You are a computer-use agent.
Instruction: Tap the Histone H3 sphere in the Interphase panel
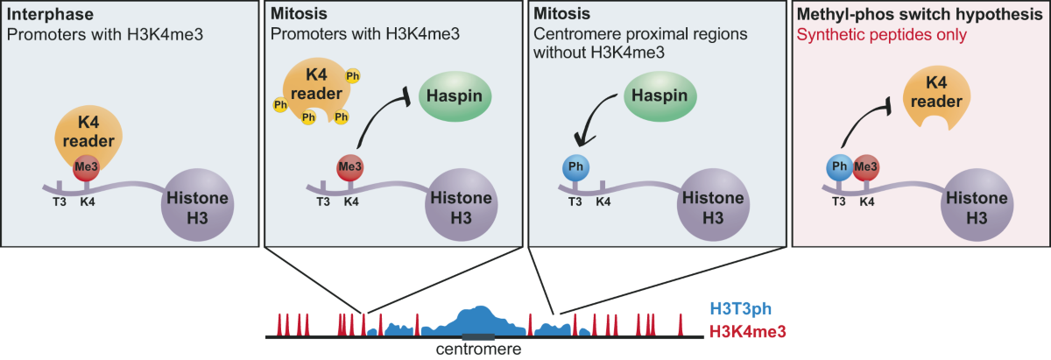coord(197,208)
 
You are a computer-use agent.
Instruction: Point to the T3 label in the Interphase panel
coord(60,201)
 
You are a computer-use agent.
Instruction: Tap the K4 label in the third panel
coord(603,201)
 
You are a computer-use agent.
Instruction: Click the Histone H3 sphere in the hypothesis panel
coord(976,208)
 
